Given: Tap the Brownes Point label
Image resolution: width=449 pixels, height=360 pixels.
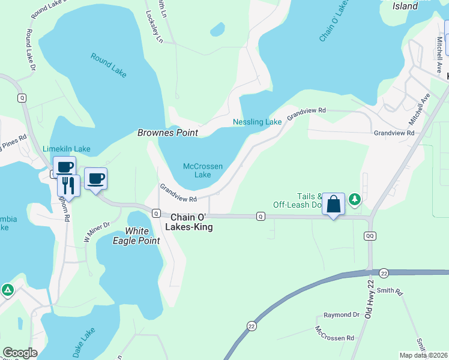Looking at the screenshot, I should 167,133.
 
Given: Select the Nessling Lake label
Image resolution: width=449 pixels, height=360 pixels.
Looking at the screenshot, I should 257,122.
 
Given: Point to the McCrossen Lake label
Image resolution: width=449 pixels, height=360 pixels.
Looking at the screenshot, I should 202,170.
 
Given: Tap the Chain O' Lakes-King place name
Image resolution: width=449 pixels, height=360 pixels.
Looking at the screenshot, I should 191,223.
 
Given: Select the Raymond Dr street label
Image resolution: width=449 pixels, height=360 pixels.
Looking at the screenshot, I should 341,315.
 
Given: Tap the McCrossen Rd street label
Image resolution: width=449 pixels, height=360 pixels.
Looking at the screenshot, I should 334,334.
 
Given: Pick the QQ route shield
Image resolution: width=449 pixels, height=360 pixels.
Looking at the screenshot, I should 370,236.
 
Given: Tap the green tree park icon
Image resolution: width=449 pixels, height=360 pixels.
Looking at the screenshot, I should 355,199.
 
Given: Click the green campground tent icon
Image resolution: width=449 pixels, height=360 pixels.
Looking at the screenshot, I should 7,290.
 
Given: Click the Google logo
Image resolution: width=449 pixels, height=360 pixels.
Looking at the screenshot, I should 20,353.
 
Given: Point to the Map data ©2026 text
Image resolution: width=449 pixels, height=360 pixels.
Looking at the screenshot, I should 423,355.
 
